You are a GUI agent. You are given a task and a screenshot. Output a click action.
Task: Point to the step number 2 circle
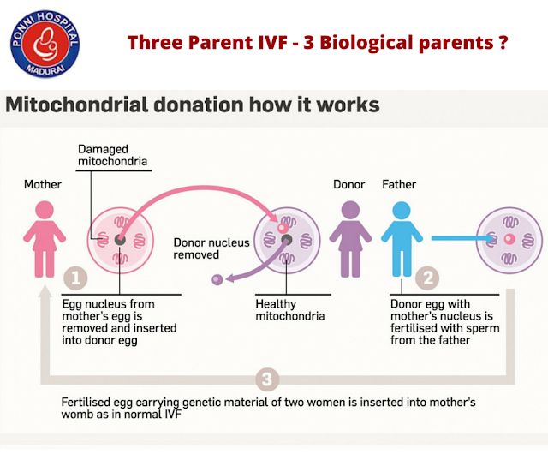click(427, 278)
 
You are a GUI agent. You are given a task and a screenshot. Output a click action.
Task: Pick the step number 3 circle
click(267, 377)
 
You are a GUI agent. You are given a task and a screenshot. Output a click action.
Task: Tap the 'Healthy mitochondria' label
click(289, 309)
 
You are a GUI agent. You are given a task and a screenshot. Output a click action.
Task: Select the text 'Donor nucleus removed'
click(211, 248)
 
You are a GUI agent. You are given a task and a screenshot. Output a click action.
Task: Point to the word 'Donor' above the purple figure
click(349, 184)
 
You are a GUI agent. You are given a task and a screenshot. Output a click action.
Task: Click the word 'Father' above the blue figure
click(399, 184)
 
